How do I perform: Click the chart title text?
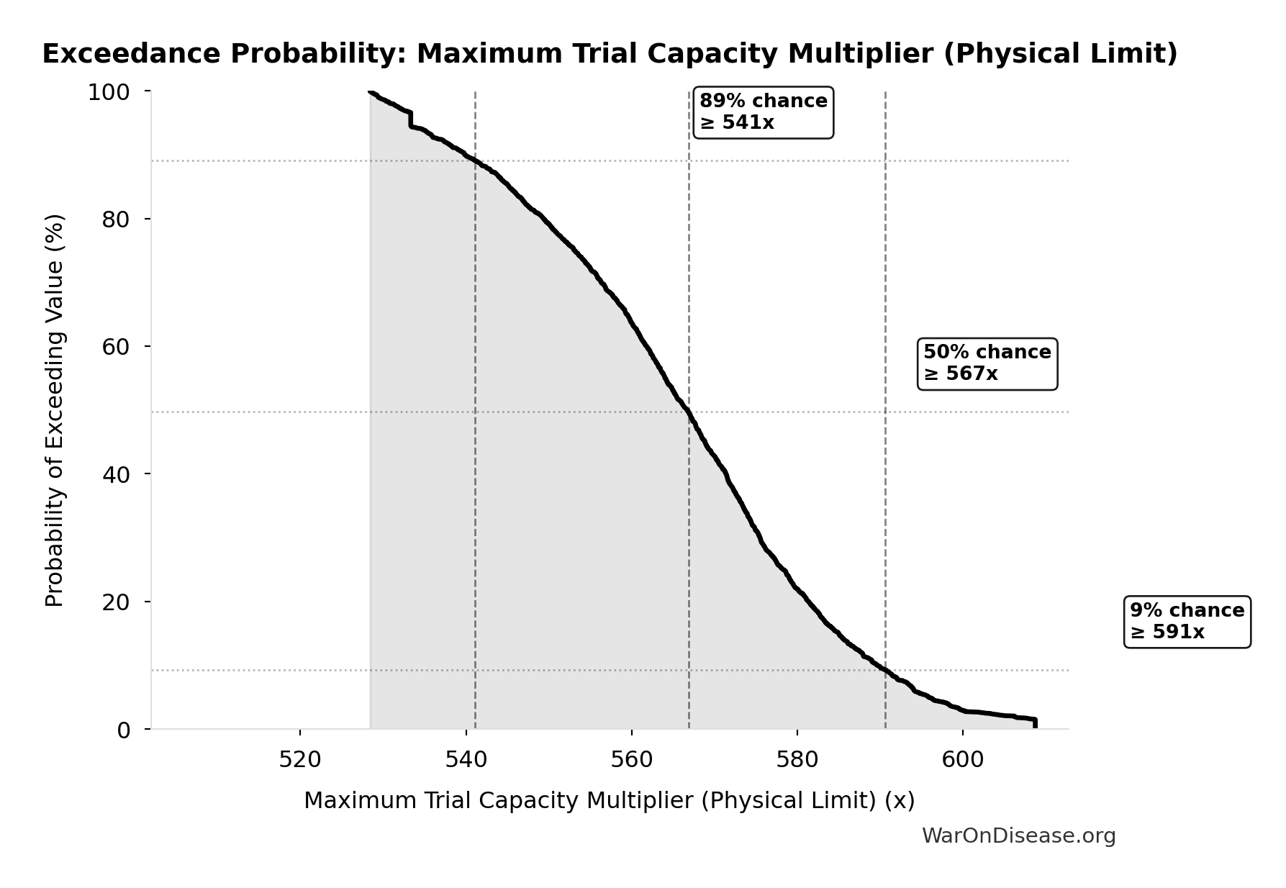click(610, 54)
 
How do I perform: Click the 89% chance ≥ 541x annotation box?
click(763, 112)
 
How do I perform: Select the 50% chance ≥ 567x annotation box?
click(987, 363)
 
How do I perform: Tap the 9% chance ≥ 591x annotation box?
click(1187, 622)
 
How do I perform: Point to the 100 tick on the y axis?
click(108, 92)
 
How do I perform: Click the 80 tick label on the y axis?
click(115, 219)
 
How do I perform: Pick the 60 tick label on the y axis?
click(115, 346)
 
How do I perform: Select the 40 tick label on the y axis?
click(115, 474)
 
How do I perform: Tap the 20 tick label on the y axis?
click(115, 602)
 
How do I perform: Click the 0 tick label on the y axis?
click(123, 730)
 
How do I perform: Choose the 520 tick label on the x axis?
click(300, 760)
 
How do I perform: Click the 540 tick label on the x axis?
click(466, 760)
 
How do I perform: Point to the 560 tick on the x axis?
click(631, 760)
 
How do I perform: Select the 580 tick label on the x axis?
click(797, 760)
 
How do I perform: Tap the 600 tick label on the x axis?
click(963, 760)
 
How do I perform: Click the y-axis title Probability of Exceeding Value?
click(55, 410)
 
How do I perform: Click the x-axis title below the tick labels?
click(609, 800)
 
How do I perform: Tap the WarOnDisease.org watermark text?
click(1018, 835)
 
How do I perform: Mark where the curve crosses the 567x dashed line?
click(689, 413)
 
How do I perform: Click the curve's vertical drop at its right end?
click(1035, 724)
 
